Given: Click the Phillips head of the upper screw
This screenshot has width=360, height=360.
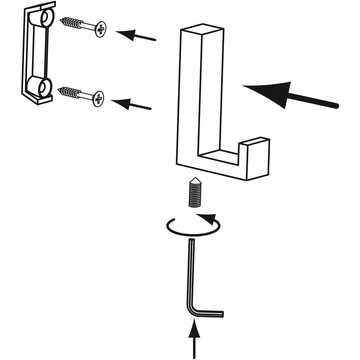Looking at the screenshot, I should click(x=101, y=29).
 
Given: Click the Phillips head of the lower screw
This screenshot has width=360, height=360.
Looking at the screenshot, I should click(x=98, y=99).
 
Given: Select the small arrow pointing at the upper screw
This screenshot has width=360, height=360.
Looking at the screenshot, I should click(x=135, y=36).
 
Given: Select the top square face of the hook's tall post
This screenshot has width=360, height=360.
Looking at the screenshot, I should click(x=202, y=30).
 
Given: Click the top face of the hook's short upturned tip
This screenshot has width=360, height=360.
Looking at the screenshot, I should click(x=254, y=141).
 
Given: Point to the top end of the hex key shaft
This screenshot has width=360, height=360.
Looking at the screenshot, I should click(x=192, y=240).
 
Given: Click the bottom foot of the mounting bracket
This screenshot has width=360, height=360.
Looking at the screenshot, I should click(x=44, y=100).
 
